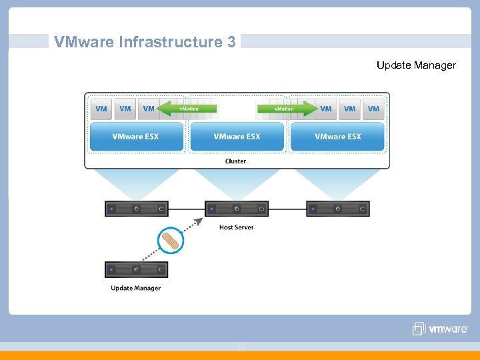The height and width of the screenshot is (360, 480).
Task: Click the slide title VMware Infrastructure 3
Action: (145, 42)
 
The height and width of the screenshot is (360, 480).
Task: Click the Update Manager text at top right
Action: (416, 65)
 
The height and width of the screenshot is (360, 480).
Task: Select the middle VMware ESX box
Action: (237, 137)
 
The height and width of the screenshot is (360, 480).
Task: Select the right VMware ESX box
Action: (338, 137)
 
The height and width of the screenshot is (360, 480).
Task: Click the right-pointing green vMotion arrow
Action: (287, 108)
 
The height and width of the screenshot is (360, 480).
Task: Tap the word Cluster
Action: (235, 161)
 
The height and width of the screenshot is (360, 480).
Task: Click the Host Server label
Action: (236, 227)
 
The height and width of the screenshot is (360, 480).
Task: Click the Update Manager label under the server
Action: (135, 288)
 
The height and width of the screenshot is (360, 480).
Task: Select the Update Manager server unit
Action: (136, 269)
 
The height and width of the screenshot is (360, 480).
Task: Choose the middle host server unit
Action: (237, 209)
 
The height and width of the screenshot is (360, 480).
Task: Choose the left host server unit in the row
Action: (136, 209)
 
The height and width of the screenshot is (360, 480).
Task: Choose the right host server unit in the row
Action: (337, 209)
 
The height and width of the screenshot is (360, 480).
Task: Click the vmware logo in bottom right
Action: (440, 328)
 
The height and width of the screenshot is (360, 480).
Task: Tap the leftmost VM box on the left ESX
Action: (101, 109)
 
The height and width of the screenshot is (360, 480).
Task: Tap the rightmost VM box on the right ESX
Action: (373, 109)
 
